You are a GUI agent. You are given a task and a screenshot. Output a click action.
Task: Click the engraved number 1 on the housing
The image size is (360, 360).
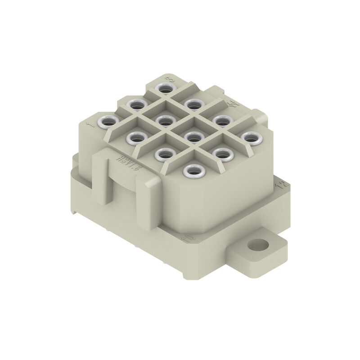(92, 123)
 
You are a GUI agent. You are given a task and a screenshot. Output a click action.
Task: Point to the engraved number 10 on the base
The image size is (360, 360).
(188, 236)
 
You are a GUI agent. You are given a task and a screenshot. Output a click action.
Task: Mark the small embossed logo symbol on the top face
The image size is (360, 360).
(232, 104)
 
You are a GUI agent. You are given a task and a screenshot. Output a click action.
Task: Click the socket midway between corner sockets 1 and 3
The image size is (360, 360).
(137, 104)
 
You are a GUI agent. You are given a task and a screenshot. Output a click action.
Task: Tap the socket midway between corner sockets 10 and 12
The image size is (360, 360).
(222, 153)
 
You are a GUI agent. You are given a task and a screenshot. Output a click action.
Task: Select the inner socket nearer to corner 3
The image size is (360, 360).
(193, 104)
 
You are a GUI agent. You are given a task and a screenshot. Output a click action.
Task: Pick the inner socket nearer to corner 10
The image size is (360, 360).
(165, 153)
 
